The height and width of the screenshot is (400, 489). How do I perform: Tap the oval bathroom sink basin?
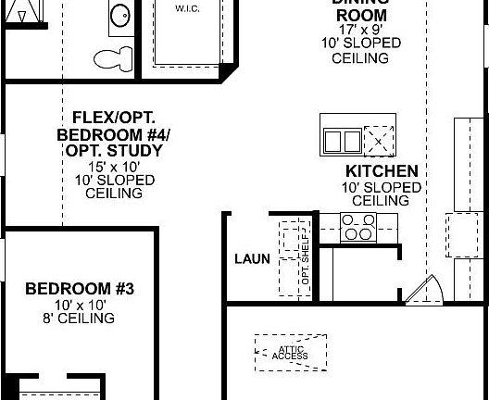[x=120, y=15]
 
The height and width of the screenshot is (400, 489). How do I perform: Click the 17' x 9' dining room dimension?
[x=359, y=30]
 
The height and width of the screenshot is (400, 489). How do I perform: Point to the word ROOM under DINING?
[x=359, y=15]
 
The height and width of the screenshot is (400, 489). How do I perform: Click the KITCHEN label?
[x=382, y=171]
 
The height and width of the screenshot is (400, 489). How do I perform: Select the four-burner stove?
[x=357, y=226]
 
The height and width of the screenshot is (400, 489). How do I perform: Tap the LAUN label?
[x=252, y=259]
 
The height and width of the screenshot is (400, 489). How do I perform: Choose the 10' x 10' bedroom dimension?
[x=80, y=305]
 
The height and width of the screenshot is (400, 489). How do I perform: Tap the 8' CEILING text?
[x=80, y=319]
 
